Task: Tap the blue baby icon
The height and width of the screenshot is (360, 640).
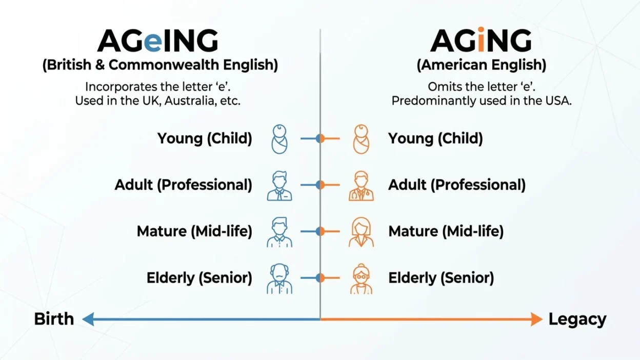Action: coord(279,138)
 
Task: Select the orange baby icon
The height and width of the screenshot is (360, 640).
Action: coord(362,138)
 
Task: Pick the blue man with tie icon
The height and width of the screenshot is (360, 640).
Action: coord(279,185)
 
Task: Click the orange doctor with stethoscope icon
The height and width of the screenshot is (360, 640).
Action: coord(362,185)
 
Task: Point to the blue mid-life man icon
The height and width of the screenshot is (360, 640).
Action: coord(279,232)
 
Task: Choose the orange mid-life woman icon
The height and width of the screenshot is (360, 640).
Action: coord(362,232)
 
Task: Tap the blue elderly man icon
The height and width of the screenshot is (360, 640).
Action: coord(279,278)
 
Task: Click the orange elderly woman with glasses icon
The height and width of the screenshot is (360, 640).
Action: coord(362,278)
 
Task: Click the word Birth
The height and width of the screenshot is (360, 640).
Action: coord(54,319)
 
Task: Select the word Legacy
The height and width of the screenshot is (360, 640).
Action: coord(577,319)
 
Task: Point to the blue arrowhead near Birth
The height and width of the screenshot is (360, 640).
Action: coord(88,319)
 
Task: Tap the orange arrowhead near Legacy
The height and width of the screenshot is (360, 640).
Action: coord(536,319)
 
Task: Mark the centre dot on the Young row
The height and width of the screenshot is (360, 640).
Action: coord(320,138)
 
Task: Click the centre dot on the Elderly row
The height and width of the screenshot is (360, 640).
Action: coord(320,278)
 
